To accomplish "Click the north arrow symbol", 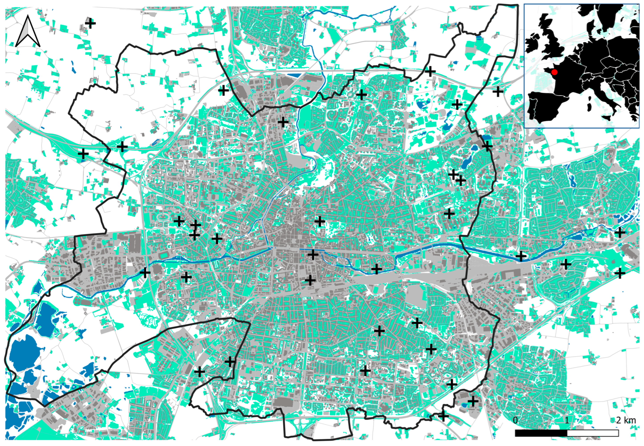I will tap(28, 31).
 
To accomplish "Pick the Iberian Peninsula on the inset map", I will tap(546, 106).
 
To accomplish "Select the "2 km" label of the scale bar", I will tap(626, 428).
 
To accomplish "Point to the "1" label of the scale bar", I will tap(567, 428).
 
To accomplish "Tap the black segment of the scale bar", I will tap(541, 441).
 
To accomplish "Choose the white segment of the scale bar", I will tap(593, 441).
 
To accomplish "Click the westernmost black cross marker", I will tap(83, 153).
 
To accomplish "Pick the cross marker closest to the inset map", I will tap(498, 91).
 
